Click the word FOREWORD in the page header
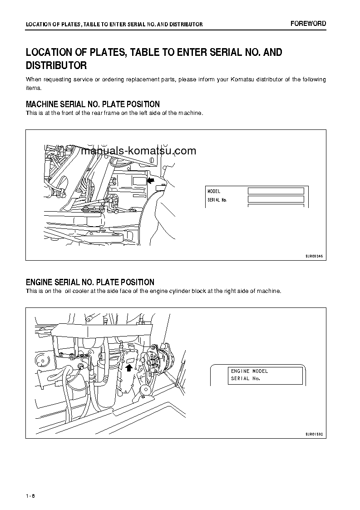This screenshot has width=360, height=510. click(308, 24)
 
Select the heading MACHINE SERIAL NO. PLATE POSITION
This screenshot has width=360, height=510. click(93, 104)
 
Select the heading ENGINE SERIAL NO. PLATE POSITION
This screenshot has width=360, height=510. click(90, 282)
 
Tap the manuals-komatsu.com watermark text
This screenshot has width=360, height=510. click(139, 151)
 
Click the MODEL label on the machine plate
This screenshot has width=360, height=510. click(214, 192)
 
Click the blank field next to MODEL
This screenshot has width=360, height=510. click(276, 191)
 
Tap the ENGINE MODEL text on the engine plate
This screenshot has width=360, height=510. click(249, 371)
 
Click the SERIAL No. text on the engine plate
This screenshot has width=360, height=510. click(245, 378)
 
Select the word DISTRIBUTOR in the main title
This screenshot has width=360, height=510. click(56, 66)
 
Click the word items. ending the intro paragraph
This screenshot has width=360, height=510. click(33, 88)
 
